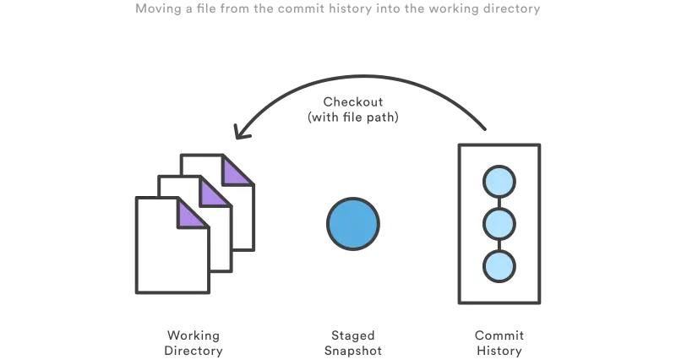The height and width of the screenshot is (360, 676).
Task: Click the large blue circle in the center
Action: click(352, 224)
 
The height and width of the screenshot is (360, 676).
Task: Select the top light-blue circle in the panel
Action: click(499, 182)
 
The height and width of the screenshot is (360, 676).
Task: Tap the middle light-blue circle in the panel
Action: click(499, 224)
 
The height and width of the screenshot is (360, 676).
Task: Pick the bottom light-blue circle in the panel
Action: click(499, 266)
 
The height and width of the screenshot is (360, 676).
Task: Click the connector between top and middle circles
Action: click(499, 203)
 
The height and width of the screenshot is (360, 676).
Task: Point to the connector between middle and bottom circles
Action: click(499, 245)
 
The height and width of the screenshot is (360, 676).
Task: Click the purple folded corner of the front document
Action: click(192, 215)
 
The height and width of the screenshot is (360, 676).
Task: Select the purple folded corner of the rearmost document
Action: click(239, 172)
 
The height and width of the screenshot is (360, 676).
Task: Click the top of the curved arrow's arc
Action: click(363, 77)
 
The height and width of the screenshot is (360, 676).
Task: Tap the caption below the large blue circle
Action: click(352, 339)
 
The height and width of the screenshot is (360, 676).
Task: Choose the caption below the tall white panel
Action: click(499, 339)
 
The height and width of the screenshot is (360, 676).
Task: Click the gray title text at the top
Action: click(338, 7)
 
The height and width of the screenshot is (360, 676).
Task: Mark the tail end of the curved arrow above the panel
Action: click(485, 132)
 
